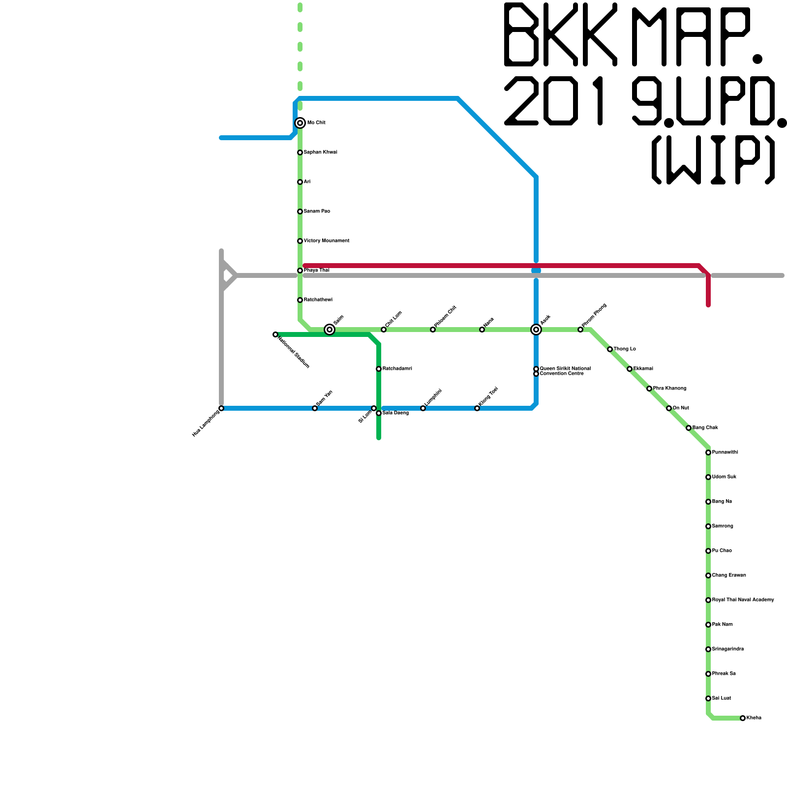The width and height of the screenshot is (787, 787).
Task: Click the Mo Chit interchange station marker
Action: point(300,123)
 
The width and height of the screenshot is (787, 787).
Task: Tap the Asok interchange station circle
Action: point(536,330)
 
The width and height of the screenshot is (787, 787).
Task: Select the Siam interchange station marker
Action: point(330,330)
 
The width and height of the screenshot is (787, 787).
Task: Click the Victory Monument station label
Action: point(326,241)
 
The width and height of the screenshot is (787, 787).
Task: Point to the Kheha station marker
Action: point(743,718)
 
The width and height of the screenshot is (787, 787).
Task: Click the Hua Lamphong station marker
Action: point(221,408)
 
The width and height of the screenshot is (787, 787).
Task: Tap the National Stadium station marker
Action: point(275,334)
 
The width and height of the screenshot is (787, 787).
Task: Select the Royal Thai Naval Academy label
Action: point(743,600)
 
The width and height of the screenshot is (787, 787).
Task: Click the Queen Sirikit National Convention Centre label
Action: point(565,371)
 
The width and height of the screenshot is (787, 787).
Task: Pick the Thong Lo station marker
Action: point(610,349)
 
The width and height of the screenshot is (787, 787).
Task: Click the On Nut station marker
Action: point(669,408)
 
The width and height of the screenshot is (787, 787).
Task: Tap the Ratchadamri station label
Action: point(397,369)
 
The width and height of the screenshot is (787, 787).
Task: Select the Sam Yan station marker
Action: point(315,408)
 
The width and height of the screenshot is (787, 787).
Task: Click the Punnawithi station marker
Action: point(708,453)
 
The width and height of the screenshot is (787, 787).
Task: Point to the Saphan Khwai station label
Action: point(320,152)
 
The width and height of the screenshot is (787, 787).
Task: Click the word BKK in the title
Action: point(561,34)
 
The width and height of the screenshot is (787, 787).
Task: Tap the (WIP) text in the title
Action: point(713,160)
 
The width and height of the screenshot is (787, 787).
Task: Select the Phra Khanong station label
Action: point(669,389)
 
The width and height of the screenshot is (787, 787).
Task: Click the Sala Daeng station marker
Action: point(379,413)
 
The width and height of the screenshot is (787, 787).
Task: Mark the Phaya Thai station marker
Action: point(300,271)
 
